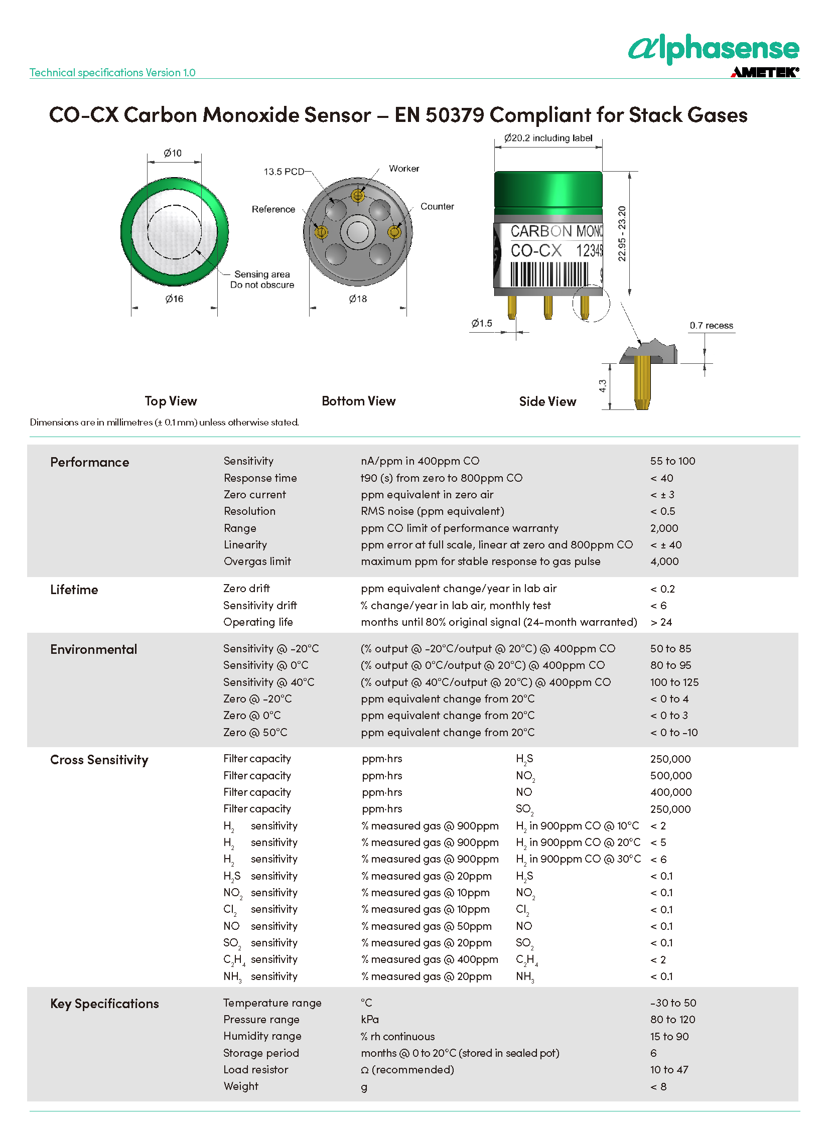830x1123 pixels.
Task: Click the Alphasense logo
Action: pos(714,49)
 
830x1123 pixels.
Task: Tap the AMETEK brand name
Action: pos(764,72)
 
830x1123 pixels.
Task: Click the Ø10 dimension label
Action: pos(173,153)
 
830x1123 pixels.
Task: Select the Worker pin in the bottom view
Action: pos(358,195)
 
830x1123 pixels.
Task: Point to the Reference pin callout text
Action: pos(273,209)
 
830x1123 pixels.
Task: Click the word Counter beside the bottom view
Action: pos(437,207)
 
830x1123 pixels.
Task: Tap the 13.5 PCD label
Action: pos(284,172)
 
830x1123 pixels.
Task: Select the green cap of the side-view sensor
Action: pos(548,189)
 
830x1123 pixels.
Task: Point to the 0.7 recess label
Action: pos(711,326)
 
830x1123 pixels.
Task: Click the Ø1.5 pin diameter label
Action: pos(481,323)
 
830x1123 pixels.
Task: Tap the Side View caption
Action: pos(547,401)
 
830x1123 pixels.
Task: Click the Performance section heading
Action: pos(89,462)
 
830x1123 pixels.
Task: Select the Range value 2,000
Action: pos(664,528)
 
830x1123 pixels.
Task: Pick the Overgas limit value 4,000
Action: pos(664,561)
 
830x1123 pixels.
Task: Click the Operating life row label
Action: pos(258,622)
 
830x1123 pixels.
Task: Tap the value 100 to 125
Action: pos(674,682)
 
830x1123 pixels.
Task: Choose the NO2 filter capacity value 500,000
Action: pos(671,776)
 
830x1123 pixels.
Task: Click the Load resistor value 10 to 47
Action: pos(669,1070)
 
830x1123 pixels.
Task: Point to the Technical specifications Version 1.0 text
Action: pos(112,73)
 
